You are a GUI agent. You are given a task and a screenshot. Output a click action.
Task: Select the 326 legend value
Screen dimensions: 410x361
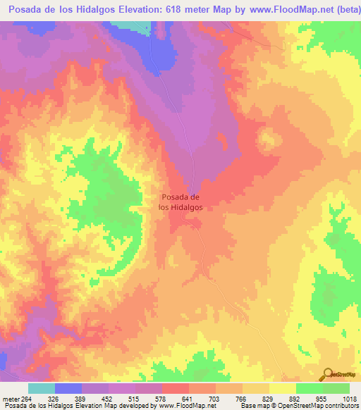(x=53, y=398)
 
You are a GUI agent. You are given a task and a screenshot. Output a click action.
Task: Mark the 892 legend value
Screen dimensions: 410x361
(x=295, y=398)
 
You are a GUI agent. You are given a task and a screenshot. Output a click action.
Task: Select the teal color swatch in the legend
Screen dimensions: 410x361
(x=42, y=388)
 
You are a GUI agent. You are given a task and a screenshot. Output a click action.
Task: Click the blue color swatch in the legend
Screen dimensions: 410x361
(x=68, y=388)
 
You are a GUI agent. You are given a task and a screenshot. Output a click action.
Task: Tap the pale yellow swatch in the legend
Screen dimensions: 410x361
(x=283, y=388)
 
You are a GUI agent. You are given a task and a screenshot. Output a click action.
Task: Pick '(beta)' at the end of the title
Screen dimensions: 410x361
(x=345, y=10)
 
